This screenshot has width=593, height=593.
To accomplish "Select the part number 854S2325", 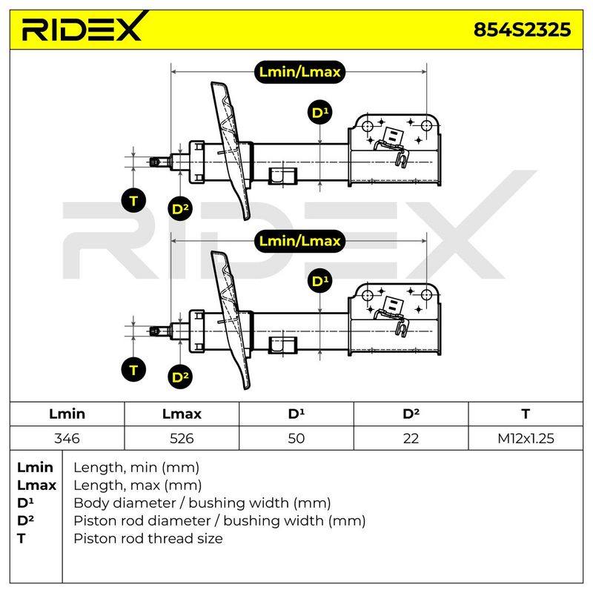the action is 522,30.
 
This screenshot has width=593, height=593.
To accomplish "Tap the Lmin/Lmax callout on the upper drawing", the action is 299,72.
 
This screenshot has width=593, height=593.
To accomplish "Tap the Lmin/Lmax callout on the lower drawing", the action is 299,241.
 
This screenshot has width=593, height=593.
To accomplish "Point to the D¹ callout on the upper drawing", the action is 320,113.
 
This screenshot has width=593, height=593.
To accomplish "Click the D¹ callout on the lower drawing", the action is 320,281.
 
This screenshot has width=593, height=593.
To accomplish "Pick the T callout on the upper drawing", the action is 134,200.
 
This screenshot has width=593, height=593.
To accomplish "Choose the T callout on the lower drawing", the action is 134,369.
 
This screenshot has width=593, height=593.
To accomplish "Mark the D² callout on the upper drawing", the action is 180,209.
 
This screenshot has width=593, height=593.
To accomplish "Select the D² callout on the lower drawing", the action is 180,377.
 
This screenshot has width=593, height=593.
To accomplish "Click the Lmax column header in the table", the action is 182,414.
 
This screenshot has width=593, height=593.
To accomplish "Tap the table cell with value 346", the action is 67,438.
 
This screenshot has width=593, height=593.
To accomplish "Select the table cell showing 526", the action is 182,438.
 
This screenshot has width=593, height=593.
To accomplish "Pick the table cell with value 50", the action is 296,438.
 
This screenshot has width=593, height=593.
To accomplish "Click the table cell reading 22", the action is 411,438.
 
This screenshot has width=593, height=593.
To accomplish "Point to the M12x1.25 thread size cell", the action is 526,438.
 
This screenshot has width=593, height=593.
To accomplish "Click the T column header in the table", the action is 526,414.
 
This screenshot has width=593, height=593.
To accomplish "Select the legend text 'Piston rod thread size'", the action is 148,538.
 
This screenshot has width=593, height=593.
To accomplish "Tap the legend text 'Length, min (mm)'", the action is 136,468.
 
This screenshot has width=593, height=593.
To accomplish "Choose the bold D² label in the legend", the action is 25,520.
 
